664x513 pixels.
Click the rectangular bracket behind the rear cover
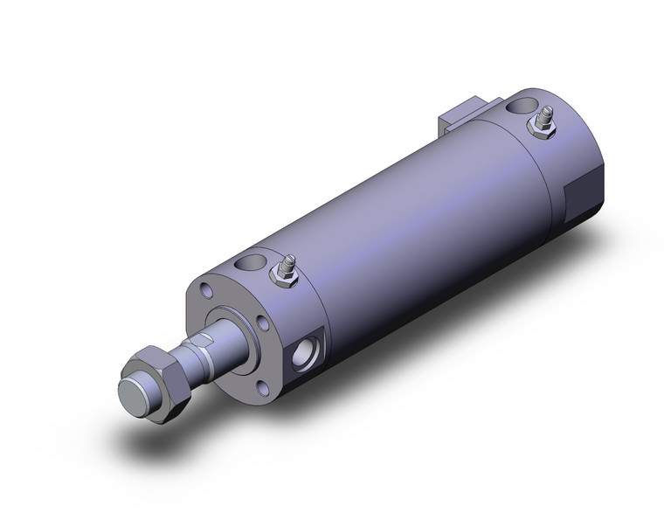463,115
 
